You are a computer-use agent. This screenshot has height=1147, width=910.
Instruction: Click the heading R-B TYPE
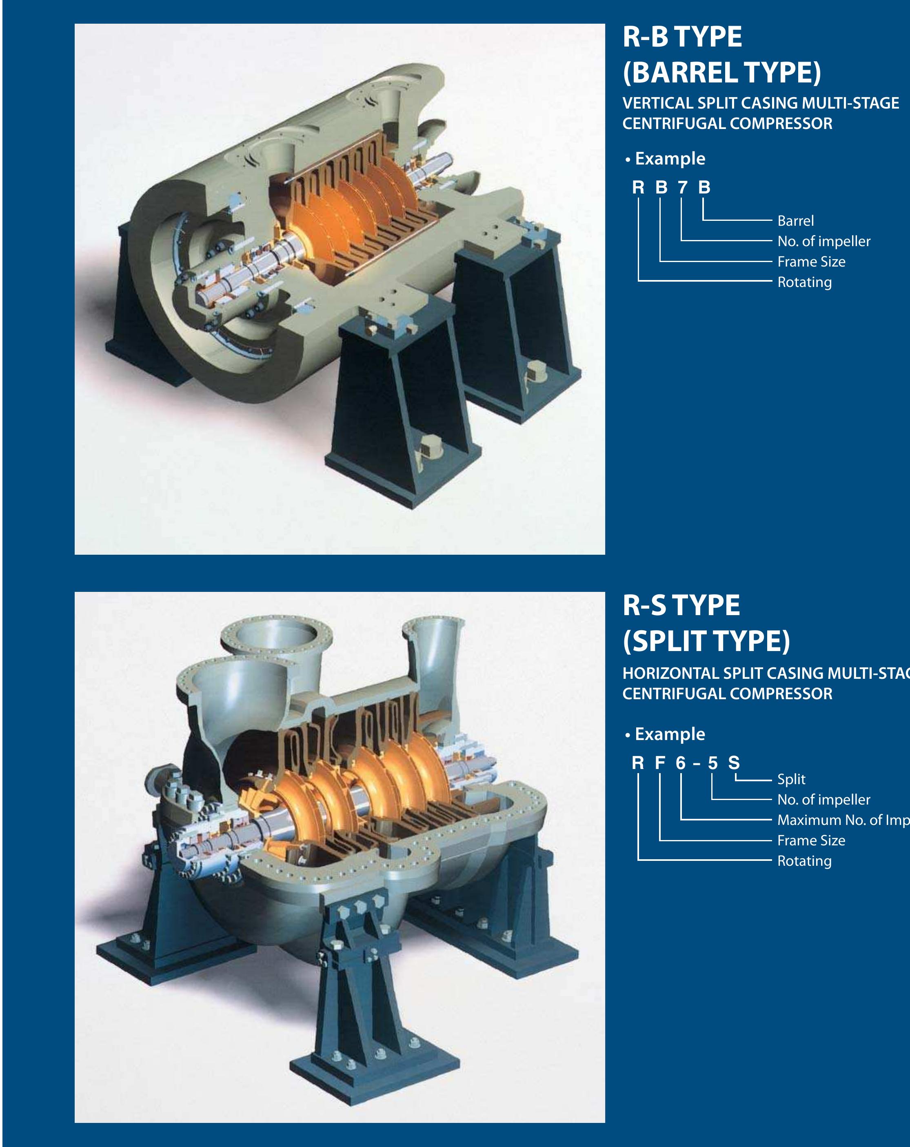pos(682,37)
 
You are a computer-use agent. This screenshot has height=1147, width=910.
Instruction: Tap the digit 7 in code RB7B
pos(682,188)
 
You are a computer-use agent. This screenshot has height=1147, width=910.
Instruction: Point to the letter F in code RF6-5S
pos(660,763)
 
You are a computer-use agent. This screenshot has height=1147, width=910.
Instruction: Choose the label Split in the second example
pos(791,779)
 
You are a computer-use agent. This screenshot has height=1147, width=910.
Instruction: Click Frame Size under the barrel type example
pos(811,262)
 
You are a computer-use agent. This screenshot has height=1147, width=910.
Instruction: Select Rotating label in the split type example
pos(804,861)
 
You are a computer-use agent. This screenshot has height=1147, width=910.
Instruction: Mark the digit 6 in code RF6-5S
pos(681,763)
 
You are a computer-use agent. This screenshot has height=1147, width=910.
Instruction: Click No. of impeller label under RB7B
pos(823,242)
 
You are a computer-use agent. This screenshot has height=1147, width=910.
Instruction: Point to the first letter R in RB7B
pos(638,188)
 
